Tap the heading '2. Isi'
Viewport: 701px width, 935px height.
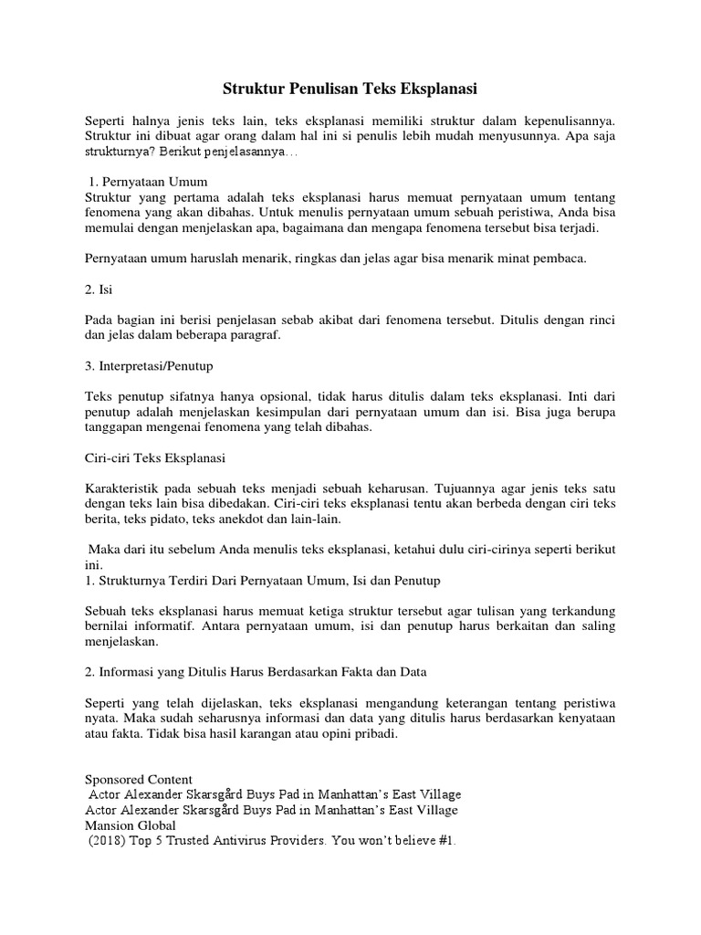98,289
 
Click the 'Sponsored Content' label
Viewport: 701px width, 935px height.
139,779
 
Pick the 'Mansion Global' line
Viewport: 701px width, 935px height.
133,825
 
